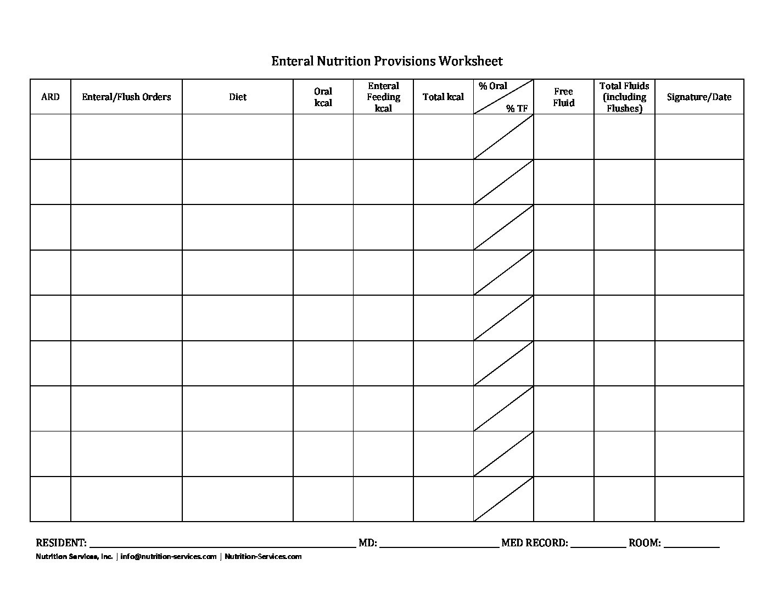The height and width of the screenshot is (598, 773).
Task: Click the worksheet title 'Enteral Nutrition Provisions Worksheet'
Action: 386,61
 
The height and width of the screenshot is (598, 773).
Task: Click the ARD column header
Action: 51,97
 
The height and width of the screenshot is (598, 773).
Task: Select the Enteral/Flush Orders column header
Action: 126,97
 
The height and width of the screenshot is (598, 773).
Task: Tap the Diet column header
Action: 238,97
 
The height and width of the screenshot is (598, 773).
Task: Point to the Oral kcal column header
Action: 323,97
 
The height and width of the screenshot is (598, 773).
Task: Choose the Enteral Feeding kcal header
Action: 383,97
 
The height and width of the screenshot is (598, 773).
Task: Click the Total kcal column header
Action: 443,97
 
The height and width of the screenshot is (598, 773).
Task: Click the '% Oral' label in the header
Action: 492,86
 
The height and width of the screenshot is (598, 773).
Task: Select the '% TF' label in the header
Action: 517,109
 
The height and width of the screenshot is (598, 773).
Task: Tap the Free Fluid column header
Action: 563,97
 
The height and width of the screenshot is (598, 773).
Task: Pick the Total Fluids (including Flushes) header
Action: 624,97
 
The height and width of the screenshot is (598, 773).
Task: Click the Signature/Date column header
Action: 699,97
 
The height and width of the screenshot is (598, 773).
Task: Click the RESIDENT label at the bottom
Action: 61,543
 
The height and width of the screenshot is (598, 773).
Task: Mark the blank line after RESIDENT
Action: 222,546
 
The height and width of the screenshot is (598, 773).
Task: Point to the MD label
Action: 367,543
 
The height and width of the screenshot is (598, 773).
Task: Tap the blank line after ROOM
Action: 691,546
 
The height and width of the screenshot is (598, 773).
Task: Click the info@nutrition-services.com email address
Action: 169,557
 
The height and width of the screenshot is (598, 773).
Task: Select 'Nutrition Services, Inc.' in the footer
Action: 74,557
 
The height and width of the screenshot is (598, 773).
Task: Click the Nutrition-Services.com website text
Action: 263,557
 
